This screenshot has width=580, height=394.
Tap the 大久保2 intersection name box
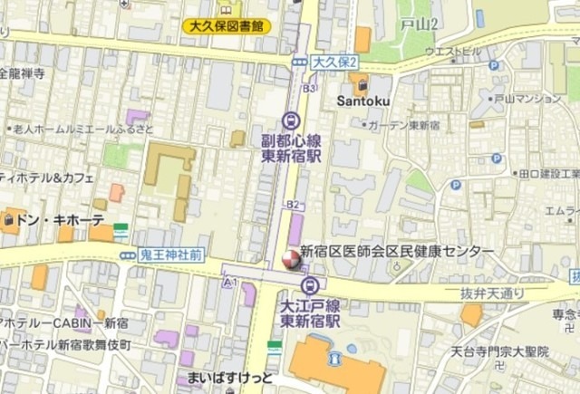click(334, 62)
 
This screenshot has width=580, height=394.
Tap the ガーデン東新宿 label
click(405, 124)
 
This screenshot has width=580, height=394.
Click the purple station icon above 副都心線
click(290, 120)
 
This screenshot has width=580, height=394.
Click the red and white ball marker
click(290, 260)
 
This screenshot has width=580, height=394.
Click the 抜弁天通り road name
click(492, 293)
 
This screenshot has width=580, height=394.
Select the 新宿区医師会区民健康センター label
click(397, 251)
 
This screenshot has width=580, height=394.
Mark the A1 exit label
click(229, 283)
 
